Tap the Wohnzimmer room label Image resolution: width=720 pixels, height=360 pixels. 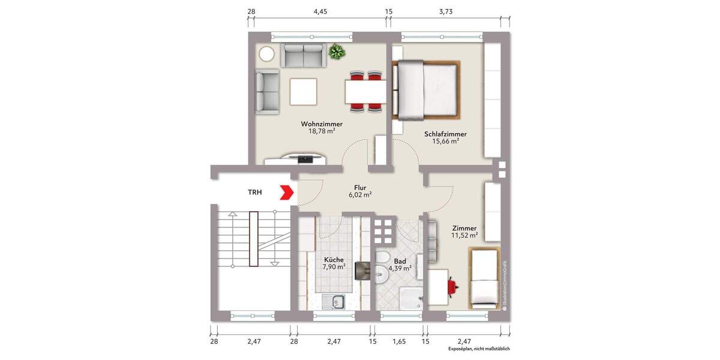[322, 124]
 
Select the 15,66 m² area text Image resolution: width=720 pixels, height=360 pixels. [445, 142]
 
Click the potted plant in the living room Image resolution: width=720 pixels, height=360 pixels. [337, 52]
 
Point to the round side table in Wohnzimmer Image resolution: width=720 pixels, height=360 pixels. [266, 55]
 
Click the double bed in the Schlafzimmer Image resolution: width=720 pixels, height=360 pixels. [427, 89]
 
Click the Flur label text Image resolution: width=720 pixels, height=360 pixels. [360, 187]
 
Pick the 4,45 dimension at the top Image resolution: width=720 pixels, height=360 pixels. [320, 11]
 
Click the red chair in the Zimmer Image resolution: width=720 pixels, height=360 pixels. [454, 287]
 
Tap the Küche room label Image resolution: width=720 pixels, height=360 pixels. [333, 260]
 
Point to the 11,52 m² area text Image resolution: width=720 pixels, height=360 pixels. [465, 236]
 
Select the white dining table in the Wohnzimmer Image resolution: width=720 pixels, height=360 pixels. [365, 92]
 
